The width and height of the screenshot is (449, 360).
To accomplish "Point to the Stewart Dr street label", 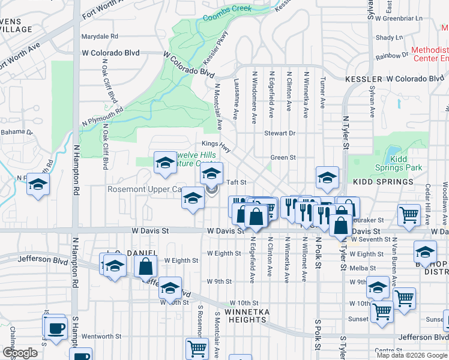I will [x=280, y=133].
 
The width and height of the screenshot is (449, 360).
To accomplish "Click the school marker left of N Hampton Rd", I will [x=37, y=185].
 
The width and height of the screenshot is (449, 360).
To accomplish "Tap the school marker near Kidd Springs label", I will [x=327, y=178].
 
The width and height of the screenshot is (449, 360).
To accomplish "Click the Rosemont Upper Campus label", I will [x=144, y=189].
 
